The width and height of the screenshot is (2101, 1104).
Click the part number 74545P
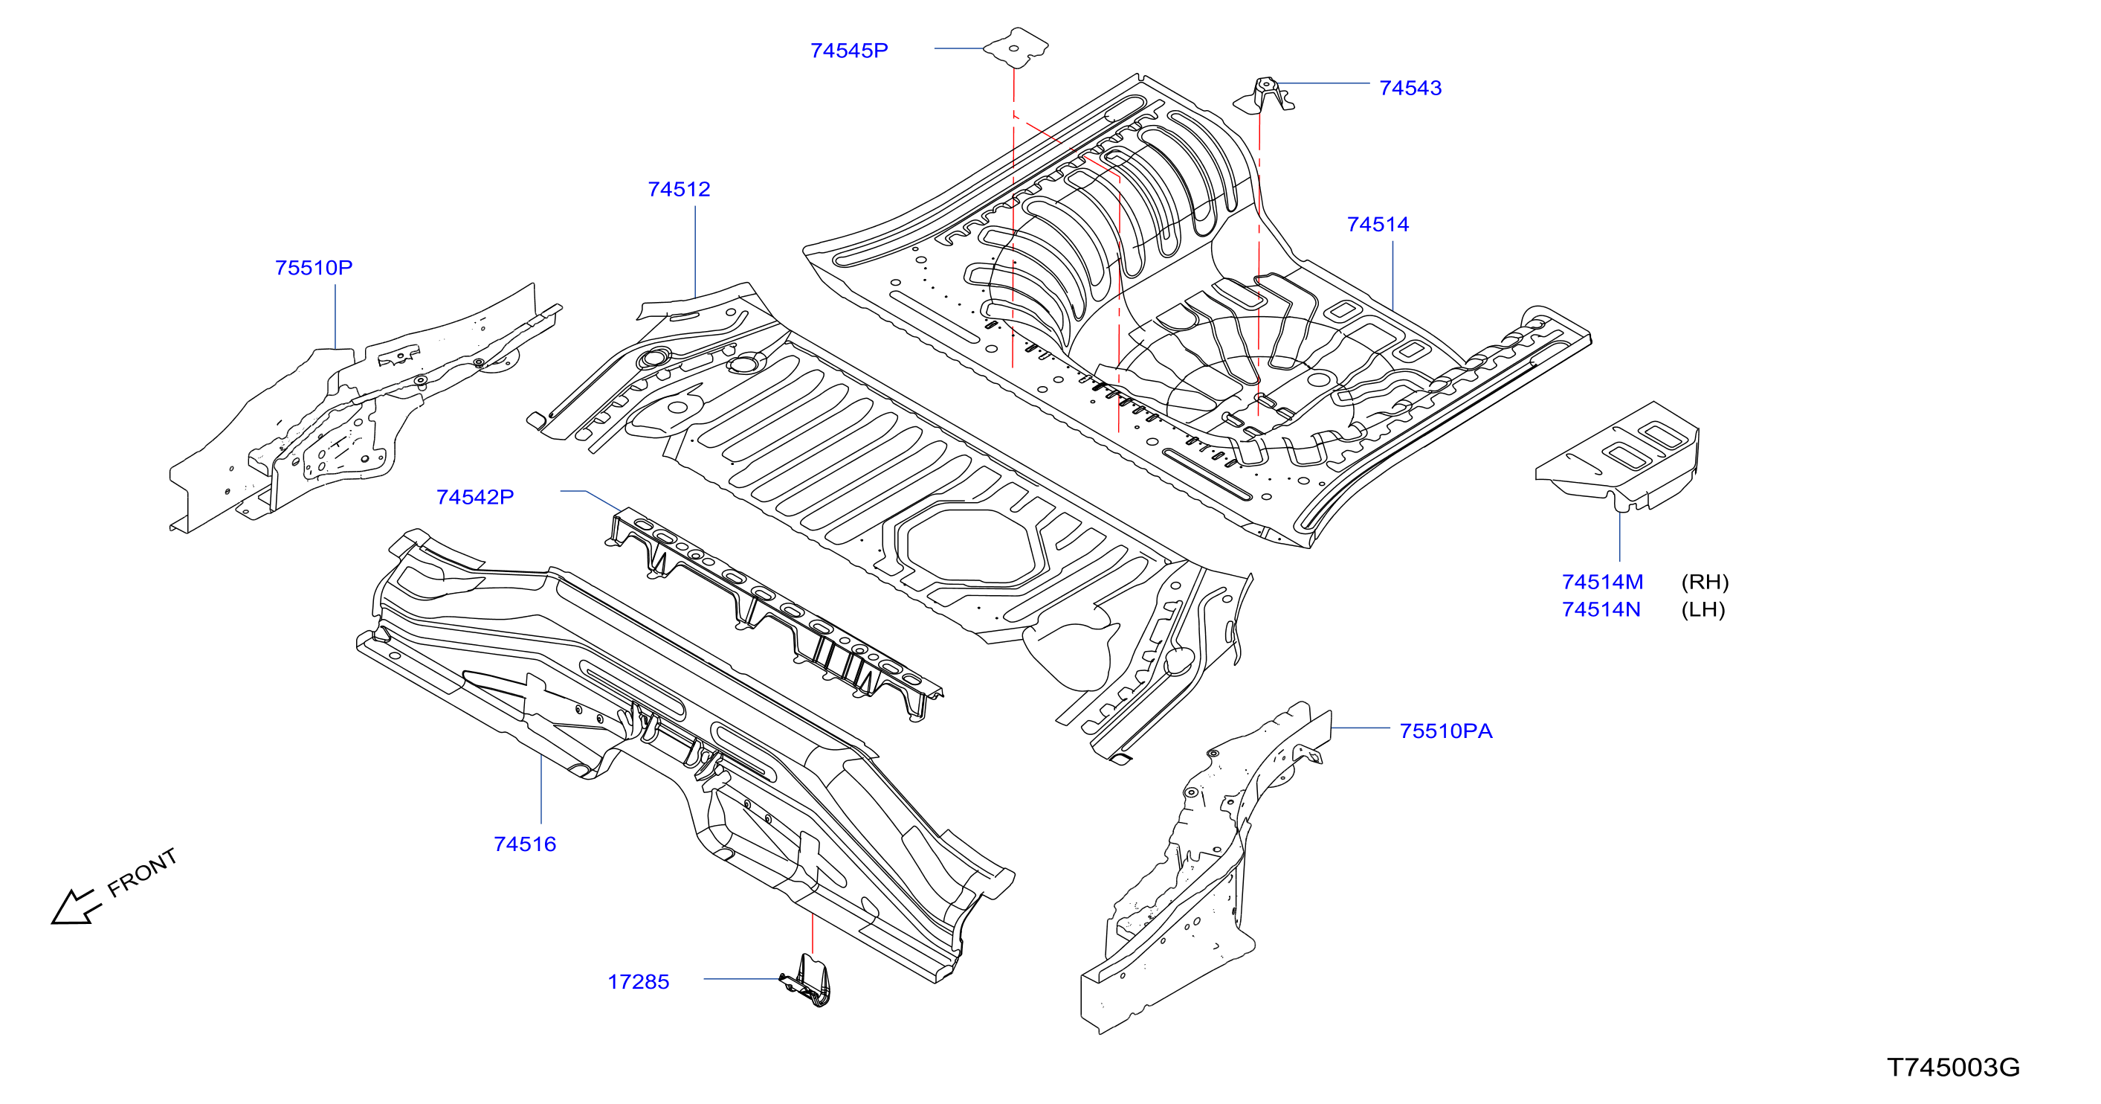(x=849, y=51)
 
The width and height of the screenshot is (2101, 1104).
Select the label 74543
(x=1410, y=88)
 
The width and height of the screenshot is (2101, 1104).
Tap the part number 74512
(x=679, y=189)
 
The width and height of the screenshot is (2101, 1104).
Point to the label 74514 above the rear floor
(x=1378, y=225)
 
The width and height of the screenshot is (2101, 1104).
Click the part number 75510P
(x=313, y=268)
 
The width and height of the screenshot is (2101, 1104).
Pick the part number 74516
(x=524, y=844)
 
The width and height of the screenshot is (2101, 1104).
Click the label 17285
(x=638, y=981)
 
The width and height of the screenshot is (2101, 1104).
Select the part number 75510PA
(x=1446, y=731)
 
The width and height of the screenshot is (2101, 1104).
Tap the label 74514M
(x=1602, y=582)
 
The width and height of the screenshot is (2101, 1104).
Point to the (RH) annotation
(x=1705, y=582)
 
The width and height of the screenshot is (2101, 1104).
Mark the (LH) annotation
(x=1703, y=609)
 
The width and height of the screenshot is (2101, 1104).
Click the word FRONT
(x=142, y=873)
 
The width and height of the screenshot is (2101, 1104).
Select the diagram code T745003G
(x=1953, y=1068)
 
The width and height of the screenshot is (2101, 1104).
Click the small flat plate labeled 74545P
(x=1016, y=48)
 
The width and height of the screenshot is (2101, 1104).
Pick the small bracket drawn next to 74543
(x=1263, y=95)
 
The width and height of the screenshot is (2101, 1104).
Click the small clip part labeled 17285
(x=807, y=981)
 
